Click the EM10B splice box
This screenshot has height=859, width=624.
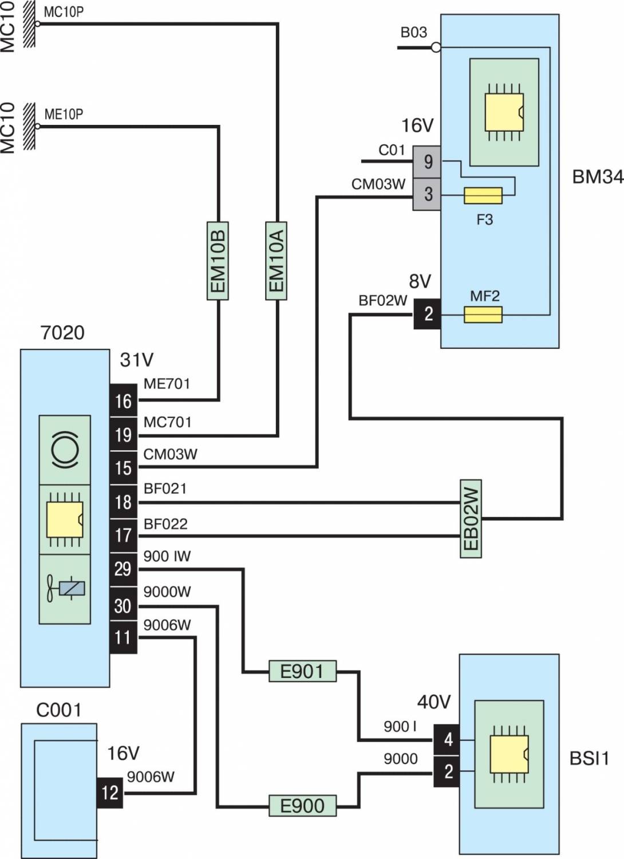tap(218, 260)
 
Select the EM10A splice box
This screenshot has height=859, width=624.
tap(277, 260)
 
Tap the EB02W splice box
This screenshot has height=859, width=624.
tap(471, 518)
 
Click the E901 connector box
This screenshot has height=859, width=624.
tap(302, 671)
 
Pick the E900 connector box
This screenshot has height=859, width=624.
tap(302, 806)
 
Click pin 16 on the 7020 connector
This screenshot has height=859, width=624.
tap(123, 401)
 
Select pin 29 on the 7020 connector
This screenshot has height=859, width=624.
tap(123, 569)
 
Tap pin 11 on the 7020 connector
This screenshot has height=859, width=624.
tap(123, 637)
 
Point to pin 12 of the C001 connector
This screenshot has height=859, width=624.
tap(109, 793)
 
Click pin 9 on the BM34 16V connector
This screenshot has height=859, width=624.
tap(428, 162)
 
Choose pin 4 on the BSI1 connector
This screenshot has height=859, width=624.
tap(447, 739)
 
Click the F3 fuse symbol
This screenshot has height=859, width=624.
tap(483, 196)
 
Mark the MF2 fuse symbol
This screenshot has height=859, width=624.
tap(483, 314)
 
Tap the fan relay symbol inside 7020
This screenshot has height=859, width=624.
tap(65, 589)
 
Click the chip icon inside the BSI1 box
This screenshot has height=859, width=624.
tap(508, 754)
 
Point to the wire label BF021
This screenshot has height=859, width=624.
tap(165, 489)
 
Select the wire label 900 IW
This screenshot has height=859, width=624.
tap(167, 556)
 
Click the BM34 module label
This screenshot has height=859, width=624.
tap(597, 177)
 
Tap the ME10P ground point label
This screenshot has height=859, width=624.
tap(64, 114)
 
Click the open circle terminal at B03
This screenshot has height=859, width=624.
tap(436, 48)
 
